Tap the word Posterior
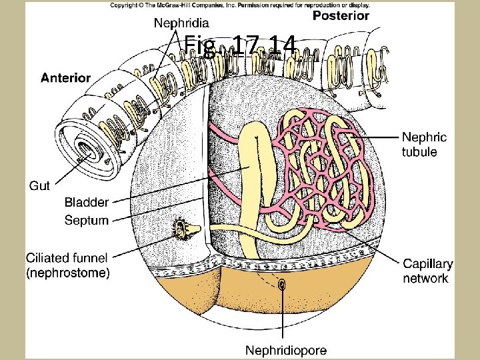(x=341, y=15)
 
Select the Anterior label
(x=65, y=77)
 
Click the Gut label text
(x=39, y=185)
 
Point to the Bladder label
(x=86, y=202)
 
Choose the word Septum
(x=86, y=220)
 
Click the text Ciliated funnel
(x=67, y=257)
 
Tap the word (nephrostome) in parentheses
(x=68, y=273)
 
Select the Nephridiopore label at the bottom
(x=286, y=349)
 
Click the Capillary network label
(x=427, y=271)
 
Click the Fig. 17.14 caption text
(x=239, y=46)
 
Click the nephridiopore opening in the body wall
(x=283, y=285)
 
